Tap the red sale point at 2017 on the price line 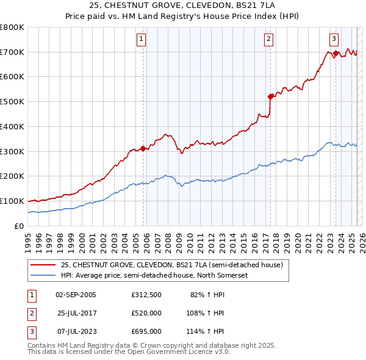tap(270, 96)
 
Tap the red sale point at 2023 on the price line tap(335, 54)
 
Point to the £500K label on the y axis tap(12, 102)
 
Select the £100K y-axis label tap(12, 201)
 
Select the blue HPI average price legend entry tap(152, 275)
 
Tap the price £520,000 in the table tap(146, 314)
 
